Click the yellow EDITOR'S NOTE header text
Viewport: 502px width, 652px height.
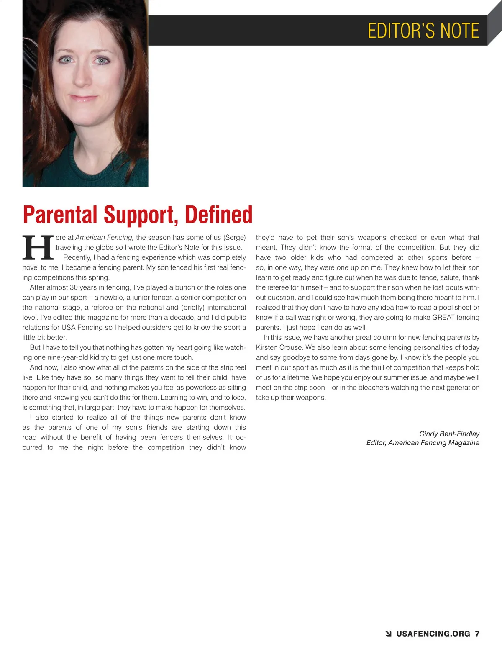pyautogui.click(x=423, y=31)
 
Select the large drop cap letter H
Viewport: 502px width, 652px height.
pyautogui.click(x=38, y=247)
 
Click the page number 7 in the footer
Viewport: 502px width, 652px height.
pyautogui.click(x=477, y=634)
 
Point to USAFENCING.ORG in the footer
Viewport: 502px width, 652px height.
pyautogui.click(x=433, y=634)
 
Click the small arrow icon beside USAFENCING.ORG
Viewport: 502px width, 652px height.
pyautogui.click(x=388, y=634)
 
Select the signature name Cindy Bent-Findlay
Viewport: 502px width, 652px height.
pyautogui.click(x=449, y=434)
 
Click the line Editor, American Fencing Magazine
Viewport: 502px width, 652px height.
pyautogui.click(x=423, y=443)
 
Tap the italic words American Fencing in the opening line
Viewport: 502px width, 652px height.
pyautogui.click(x=104, y=237)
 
